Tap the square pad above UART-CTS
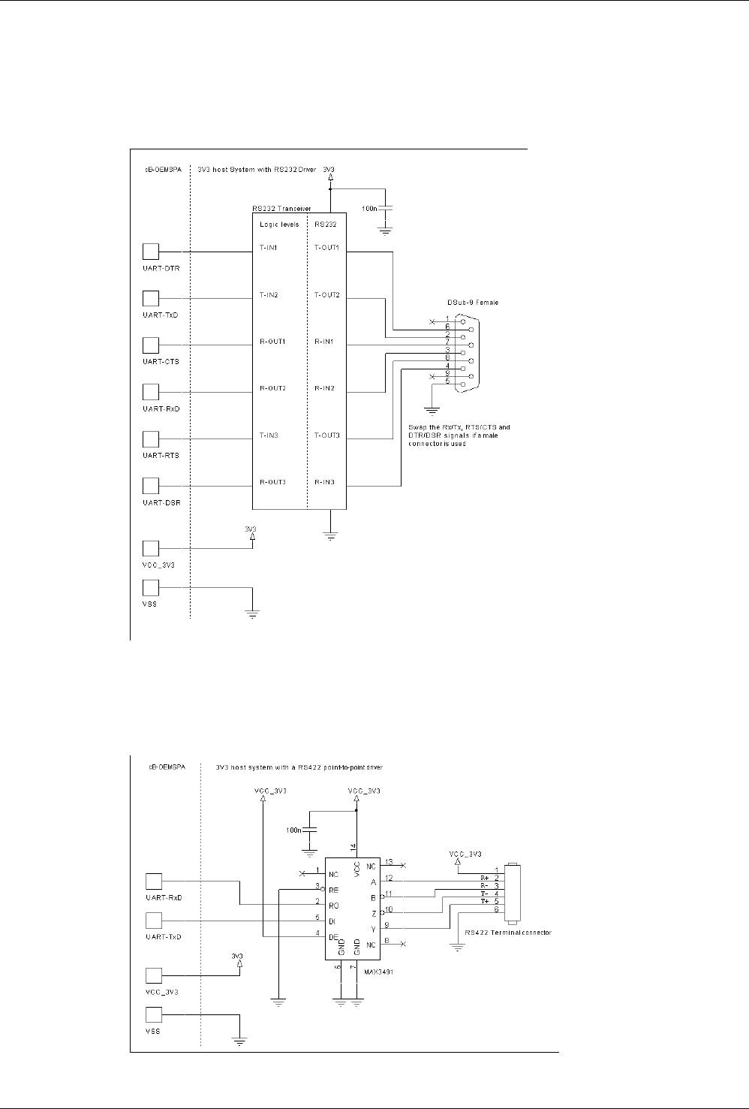(x=152, y=345)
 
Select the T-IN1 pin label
(x=269, y=247)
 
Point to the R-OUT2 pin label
(x=272, y=388)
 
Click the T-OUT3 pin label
(x=326, y=435)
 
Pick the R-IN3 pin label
(x=324, y=482)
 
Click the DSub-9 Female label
(x=473, y=303)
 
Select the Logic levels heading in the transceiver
(x=278, y=225)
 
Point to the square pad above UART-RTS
(x=152, y=438)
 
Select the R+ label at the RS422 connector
(x=485, y=877)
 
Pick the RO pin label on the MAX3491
(x=333, y=905)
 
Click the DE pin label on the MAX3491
(x=333, y=937)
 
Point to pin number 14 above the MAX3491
(x=353, y=846)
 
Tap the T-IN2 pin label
(x=269, y=294)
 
